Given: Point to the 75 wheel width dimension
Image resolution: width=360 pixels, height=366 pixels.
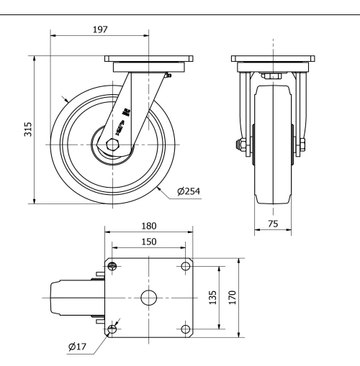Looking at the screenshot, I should [x=273, y=224].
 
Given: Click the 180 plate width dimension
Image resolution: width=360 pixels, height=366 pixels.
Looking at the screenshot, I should [x=149, y=225].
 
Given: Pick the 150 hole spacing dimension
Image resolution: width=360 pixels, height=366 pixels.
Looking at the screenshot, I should [x=149, y=241].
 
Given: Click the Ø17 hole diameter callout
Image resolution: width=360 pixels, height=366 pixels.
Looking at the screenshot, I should [x=78, y=347].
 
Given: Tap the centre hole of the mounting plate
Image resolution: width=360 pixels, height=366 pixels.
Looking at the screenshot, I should [x=149, y=298].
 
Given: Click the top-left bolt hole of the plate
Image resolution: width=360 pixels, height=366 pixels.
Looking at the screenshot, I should [x=112, y=267].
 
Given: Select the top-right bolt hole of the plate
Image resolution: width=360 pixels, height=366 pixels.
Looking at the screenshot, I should [x=186, y=267].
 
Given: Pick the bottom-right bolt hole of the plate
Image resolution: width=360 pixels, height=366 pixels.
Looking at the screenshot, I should [x=186, y=329].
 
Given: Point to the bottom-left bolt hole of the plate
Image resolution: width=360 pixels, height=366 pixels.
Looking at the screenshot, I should [x=112, y=329].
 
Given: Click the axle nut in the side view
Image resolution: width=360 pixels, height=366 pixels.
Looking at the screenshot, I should [x=113, y=144].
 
